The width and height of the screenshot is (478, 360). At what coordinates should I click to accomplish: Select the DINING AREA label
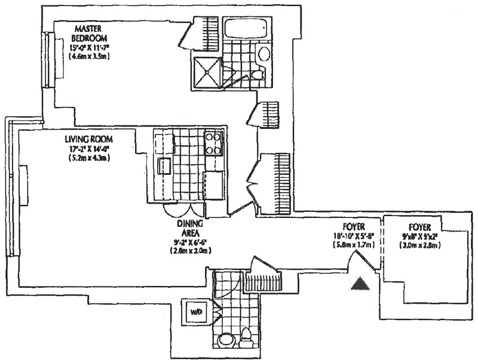click(191, 228)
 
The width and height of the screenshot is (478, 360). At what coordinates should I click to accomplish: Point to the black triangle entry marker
click(360, 284)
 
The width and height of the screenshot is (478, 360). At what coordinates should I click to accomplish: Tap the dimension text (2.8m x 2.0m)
click(191, 251)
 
